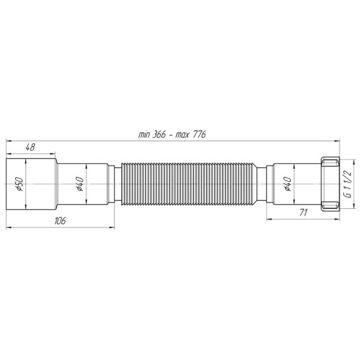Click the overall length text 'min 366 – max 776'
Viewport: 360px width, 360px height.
tap(172, 135)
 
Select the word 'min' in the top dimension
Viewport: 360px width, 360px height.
tap(144, 135)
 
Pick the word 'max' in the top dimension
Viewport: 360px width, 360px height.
tap(183, 135)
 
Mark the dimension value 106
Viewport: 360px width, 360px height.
tap(59, 220)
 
